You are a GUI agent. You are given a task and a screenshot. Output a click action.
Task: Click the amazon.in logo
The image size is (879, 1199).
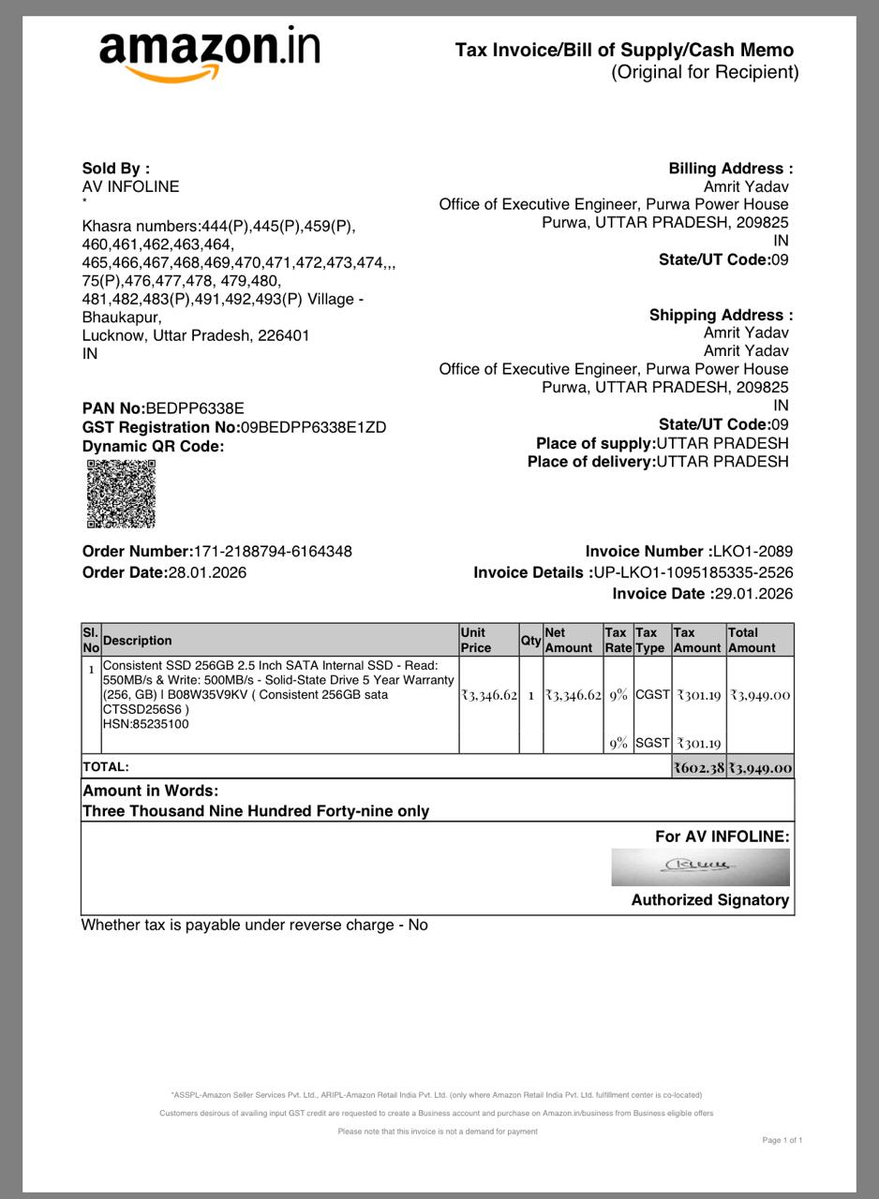pyautogui.click(x=210, y=54)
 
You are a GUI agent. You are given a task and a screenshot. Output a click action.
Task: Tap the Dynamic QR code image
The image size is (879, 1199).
pyautogui.click(x=121, y=494)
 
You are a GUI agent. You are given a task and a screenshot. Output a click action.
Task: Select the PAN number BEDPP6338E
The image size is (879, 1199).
pyautogui.click(x=195, y=408)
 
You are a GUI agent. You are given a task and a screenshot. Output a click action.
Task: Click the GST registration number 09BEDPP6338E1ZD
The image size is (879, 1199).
pyautogui.click(x=313, y=427)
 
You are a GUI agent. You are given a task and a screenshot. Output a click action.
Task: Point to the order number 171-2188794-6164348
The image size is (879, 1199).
pyautogui.click(x=273, y=552)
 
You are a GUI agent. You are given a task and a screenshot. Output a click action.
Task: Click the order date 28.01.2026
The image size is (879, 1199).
pyautogui.click(x=207, y=572)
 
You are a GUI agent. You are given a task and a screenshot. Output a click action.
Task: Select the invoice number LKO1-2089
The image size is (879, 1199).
pyautogui.click(x=752, y=552)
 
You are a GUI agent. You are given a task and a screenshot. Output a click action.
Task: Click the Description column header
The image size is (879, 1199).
pyautogui.click(x=138, y=641)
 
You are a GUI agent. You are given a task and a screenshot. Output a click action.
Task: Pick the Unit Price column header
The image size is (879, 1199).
pyautogui.click(x=476, y=640)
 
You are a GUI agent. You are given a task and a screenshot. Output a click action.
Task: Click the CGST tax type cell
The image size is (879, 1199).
pyautogui.click(x=652, y=695)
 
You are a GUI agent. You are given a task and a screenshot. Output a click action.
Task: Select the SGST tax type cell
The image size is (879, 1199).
pyautogui.click(x=652, y=743)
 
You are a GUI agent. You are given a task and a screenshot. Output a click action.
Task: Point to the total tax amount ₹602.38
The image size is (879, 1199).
pyautogui.click(x=699, y=768)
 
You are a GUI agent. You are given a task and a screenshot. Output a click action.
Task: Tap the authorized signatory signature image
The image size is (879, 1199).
pyautogui.click(x=700, y=866)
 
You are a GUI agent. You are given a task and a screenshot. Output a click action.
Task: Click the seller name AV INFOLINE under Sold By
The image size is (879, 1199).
pyautogui.click(x=131, y=186)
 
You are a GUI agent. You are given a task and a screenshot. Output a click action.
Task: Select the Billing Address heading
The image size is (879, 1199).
pyautogui.click(x=730, y=169)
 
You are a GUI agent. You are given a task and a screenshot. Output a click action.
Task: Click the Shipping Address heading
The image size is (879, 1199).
pyautogui.click(x=721, y=315)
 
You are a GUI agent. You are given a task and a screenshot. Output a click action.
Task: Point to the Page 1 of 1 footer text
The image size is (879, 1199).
pyautogui.click(x=782, y=1140)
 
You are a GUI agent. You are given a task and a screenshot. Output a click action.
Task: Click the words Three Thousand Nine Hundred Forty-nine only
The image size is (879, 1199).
pyautogui.click(x=256, y=811)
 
